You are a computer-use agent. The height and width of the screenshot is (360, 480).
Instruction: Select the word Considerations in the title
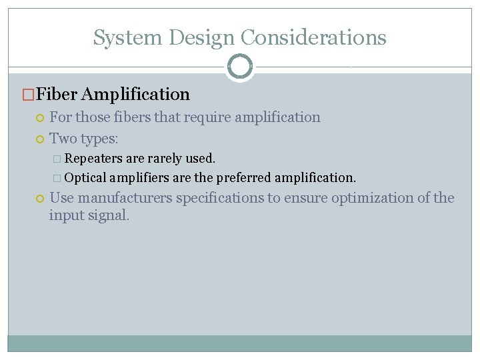tap(313, 38)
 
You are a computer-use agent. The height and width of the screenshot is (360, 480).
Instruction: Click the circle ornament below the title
tap(240, 67)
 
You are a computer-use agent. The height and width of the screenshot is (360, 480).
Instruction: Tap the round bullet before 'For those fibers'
tap(40, 119)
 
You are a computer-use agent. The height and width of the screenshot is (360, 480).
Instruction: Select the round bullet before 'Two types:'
tap(40, 139)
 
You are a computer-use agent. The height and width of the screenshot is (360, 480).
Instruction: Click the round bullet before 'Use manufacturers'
tap(40, 199)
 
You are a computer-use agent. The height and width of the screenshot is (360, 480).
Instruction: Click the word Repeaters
tap(93, 159)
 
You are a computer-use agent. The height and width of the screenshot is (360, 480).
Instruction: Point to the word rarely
tap(164, 159)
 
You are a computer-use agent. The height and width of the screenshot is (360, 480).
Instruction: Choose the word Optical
tap(86, 178)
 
